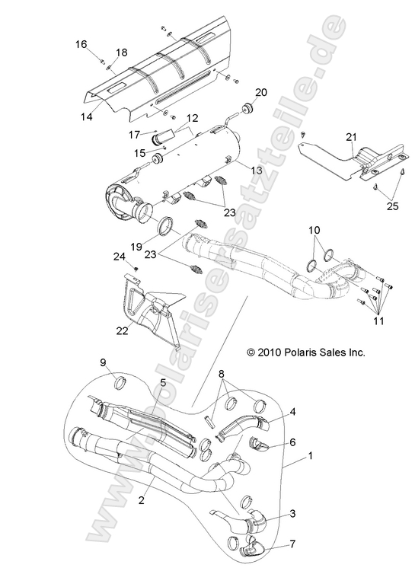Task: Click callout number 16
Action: click(x=81, y=44)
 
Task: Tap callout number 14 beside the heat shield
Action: click(x=87, y=116)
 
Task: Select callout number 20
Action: click(x=240, y=92)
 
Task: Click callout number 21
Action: click(x=350, y=136)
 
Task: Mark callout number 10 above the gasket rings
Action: click(x=314, y=230)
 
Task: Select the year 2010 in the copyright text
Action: click(x=270, y=352)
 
